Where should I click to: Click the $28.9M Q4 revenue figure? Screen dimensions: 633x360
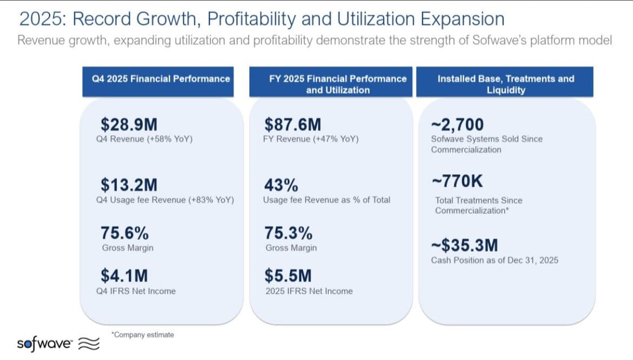[129, 125]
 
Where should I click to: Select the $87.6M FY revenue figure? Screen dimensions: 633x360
[293, 125]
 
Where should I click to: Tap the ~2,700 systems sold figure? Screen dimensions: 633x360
[457, 125]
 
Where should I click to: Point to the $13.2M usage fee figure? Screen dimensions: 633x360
[129, 185]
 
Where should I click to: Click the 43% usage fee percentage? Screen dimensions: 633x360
[281, 186]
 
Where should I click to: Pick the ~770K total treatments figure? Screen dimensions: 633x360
[457, 181]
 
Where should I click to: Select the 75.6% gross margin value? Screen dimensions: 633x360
[125, 233]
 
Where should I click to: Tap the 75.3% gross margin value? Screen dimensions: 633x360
[288, 233]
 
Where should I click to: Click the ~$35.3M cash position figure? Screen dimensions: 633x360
[465, 245]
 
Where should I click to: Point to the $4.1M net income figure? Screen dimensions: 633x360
[124, 276]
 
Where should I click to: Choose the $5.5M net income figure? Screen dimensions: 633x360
[288, 276]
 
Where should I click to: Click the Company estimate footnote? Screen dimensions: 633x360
[142, 335]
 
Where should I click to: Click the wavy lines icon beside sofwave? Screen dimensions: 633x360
[89, 343]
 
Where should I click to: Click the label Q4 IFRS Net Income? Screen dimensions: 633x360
[136, 291]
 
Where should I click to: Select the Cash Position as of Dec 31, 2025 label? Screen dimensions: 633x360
[494, 260]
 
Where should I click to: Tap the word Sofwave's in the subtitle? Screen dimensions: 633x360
[499, 41]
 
